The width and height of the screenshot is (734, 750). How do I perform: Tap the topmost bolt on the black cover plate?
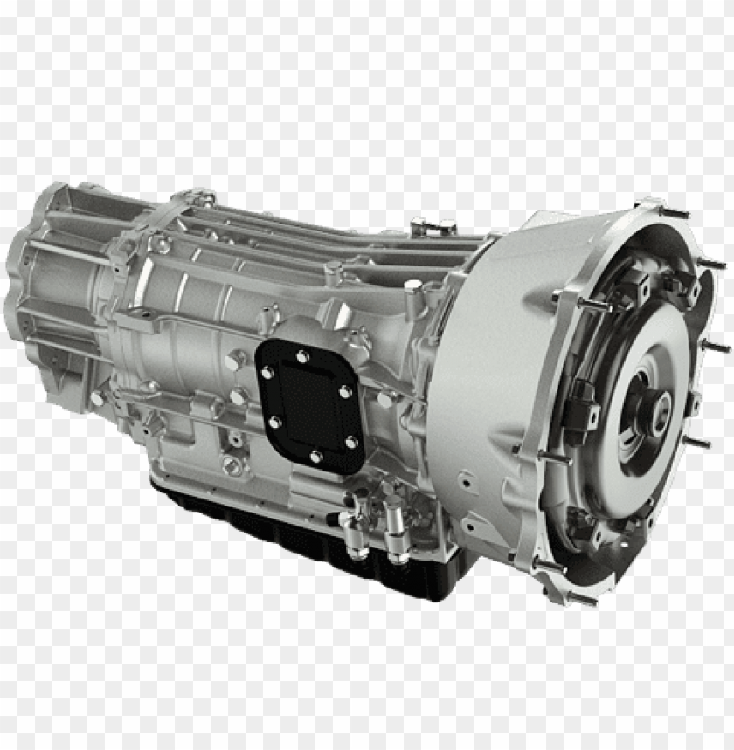click(301, 356)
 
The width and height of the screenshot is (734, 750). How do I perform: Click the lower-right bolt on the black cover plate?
click(350, 444)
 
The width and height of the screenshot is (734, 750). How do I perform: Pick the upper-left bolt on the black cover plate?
click(267, 373)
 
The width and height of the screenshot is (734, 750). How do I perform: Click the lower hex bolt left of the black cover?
click(237, 397)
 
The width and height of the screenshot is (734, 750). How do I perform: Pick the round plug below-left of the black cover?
click(232, 464)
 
